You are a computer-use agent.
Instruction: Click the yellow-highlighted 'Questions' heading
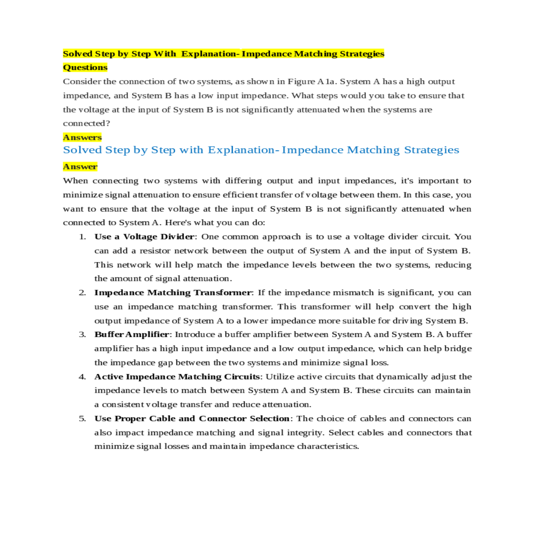point(85,67)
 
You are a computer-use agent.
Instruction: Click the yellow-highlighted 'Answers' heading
point(82,137)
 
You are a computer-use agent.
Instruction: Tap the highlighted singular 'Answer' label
point(80,167)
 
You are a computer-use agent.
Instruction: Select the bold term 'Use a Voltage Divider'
point(144,237)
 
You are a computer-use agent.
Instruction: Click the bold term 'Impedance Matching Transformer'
point(173,292)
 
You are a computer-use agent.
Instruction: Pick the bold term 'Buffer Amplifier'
point(132,334)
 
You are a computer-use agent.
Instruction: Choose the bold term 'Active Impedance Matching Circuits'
point(177,377)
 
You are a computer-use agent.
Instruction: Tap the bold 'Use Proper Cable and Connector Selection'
point(192,419)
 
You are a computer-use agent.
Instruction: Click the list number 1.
point(82,237)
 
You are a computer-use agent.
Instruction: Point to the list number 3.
point(82,334)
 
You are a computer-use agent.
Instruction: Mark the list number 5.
point(82,419)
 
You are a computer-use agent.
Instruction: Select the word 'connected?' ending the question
point(86,123)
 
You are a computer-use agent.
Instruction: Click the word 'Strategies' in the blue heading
point(432,150)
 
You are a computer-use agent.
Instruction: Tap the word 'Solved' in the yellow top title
point(78,54)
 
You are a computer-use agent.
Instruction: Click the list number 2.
point(82,292)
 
